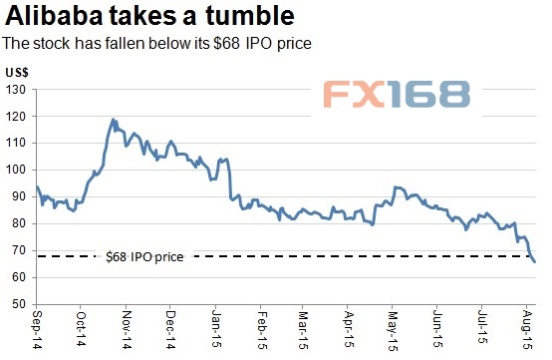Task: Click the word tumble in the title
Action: pyautogui.click(x=253, y=17)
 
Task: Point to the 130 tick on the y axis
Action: pyautogui.click(x=18, y=90)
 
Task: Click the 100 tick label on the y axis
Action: pyautogui.click(x=18, y=170)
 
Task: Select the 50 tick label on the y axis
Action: pyautogui.click(x=21, y=303)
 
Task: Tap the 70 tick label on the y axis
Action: pyautogui.click(x=21, y=250)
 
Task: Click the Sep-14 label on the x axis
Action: pyautogui.click(x=38, y=329)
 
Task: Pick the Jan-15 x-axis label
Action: pyautogui.click(x=216, y=329)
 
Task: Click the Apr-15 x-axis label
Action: pyautogui.click(x=350, y=329)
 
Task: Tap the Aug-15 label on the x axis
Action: pyautogui.click(x=528, y=329)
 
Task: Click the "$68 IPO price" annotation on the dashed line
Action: pyautogui.click(x=143, y=257)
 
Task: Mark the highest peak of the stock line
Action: pyautogui.click(x=114, y=119)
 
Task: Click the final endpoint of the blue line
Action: pyautogui.click(x=535, y=262)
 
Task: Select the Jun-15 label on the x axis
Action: pyautogui.click(x=439, y=329)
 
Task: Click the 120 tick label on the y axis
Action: pyautogui.click(x=18, y=117)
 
